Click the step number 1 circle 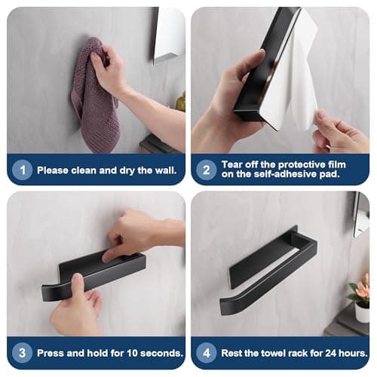coord(22,170)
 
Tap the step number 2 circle coord(206,170)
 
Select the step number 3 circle coord(22,353)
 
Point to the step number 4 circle coord(206,353)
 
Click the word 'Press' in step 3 coord(52,353)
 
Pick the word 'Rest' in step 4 coord(234,353)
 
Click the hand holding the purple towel coord(113,72)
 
